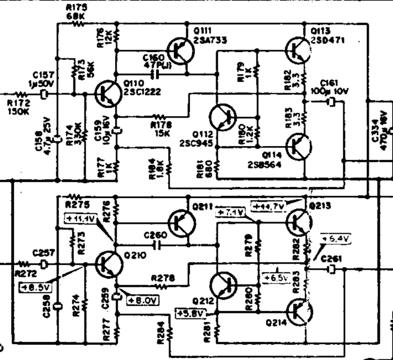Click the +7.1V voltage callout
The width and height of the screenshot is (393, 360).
[x=229, y=213]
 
